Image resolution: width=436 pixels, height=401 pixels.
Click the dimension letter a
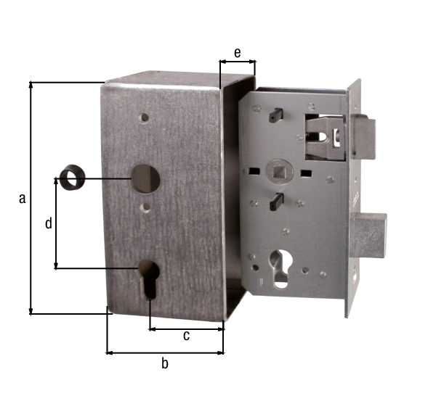(x=23, y=199)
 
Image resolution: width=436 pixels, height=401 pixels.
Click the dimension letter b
(x=165, y=363)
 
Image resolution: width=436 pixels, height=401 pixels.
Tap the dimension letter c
(x=186, y=336)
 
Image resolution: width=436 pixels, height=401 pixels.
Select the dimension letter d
(x=49, y=223)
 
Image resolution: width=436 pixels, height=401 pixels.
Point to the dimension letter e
(x=237, y=53)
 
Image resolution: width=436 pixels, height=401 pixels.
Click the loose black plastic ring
(x=72, y=178)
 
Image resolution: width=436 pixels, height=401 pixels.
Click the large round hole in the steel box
(x=146, y=178)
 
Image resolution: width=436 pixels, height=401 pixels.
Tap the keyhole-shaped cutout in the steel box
(x=149, y=279)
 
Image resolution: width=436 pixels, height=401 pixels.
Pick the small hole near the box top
(x=145, y=117)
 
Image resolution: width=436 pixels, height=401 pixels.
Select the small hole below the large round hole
(x=146, y=207)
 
